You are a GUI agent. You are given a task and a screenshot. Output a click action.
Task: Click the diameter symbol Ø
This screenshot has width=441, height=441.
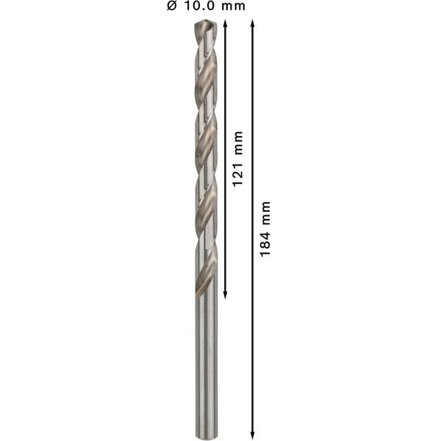point(173,7)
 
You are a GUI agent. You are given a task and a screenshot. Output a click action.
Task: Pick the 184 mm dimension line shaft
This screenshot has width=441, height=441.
point(253,331)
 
